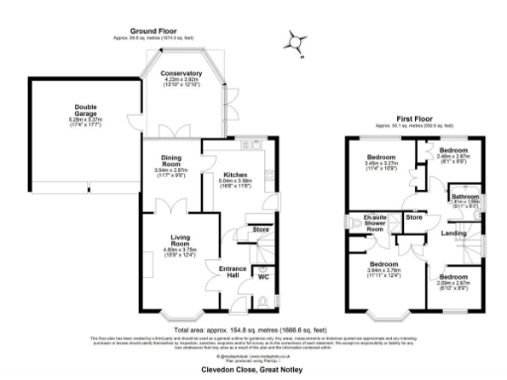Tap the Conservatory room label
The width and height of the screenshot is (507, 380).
[180, 72]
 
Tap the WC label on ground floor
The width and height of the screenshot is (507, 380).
[263, 276]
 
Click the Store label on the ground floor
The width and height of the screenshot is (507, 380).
[259, 229]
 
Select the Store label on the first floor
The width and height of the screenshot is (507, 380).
[415, 216]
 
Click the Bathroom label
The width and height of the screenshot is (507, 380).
[464, 197]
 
